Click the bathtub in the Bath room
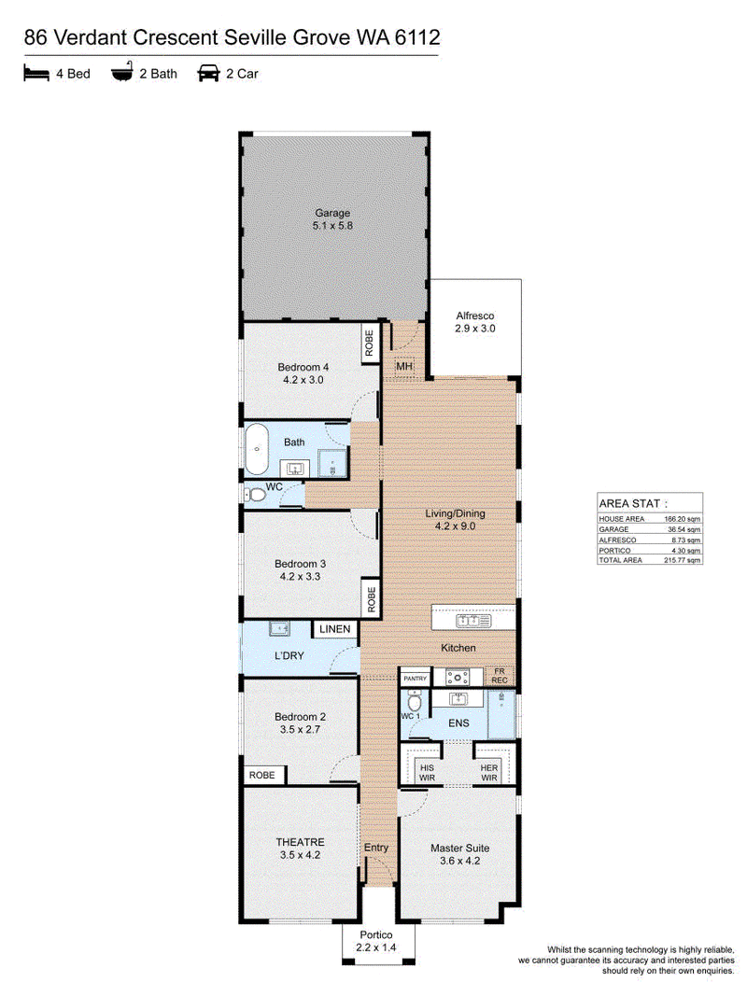pos(257,449)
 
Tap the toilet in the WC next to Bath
pos(255,494)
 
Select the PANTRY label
pos(416,679)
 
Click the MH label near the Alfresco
pos(404,367)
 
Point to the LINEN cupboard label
pos(335,629)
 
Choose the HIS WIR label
pos(427,772)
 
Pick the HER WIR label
pos(488,772)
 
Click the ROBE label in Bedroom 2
pos(261,775)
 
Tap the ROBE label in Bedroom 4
pos(369,343)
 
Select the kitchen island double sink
pos(473,619)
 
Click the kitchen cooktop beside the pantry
pos(457,677)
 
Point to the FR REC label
pos(500,675)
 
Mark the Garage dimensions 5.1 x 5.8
pos(332,226)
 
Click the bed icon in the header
pos(36,73)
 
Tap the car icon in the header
pos(208,73)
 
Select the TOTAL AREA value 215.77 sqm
pos(683,560)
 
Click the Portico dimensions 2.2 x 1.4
pos(376,947)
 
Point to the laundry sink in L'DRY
pos(280,628)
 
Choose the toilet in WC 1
pos(415,701)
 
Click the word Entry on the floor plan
pos(376,848)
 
